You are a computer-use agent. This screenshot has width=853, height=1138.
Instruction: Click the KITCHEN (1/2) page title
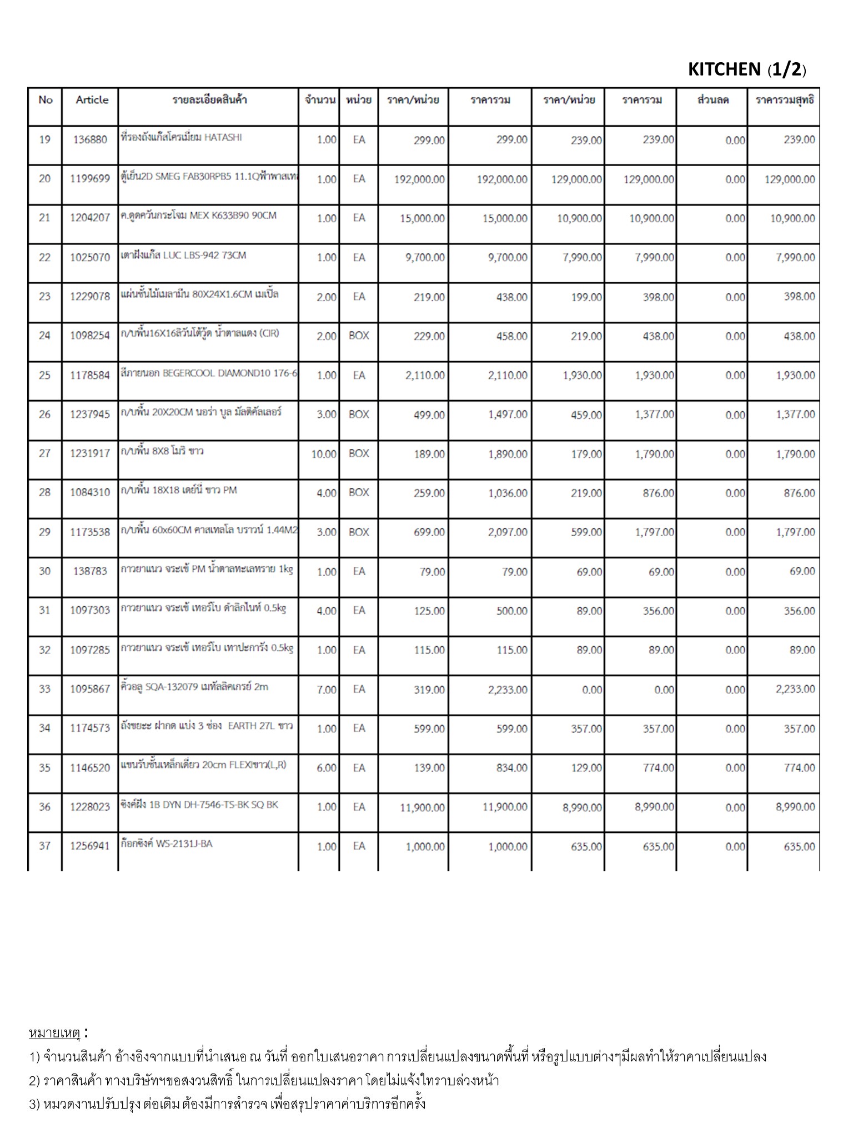(747, 69)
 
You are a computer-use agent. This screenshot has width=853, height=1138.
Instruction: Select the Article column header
(92, 100)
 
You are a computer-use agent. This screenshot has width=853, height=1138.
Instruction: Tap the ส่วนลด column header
(713, 101)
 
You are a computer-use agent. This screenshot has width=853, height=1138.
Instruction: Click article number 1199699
(90, 179)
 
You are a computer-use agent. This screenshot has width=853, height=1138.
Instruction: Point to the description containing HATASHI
(181, 138)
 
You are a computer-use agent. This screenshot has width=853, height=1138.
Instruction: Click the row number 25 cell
(44, 376)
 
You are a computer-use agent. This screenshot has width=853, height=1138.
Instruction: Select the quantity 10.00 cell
(323, 455)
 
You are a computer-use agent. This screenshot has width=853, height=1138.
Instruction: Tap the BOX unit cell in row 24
(359, 336)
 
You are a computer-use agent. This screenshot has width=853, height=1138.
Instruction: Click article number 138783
(90, 571)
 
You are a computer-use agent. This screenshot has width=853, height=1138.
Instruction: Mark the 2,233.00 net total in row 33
(795, 690)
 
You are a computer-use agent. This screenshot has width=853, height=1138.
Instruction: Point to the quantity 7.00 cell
(327, 690)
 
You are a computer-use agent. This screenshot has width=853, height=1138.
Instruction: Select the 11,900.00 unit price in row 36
(422, 807)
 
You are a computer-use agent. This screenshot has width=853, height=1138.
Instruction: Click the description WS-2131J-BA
(167, 844)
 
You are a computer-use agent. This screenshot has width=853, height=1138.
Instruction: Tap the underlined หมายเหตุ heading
(54, 1033)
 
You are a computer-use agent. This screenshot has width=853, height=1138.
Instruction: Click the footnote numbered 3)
(227, 1103)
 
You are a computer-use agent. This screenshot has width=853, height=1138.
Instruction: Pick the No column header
(46, 100)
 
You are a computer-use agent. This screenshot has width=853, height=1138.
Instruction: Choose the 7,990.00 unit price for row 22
(580, 258)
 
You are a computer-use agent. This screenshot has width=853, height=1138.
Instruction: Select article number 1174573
(90, 728)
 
